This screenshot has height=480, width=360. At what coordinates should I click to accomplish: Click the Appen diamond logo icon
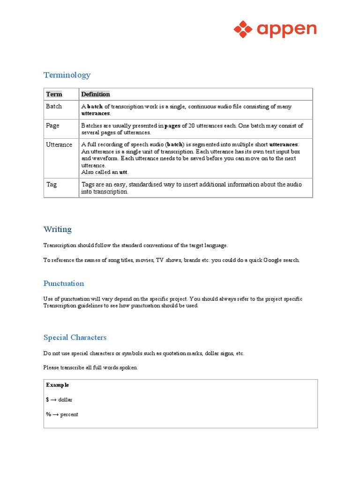243,29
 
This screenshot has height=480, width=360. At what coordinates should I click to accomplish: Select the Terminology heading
67,75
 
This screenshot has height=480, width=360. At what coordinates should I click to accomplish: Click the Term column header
54,94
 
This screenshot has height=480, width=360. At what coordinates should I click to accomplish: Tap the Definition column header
95,94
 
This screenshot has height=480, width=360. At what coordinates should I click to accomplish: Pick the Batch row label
54,106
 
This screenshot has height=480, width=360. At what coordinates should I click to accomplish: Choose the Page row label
52,126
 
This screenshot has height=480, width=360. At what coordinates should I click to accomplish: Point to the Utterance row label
59,145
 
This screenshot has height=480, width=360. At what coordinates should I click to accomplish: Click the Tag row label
51,184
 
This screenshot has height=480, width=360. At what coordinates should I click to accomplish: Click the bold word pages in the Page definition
172,126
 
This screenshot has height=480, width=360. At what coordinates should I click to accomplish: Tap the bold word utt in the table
123,172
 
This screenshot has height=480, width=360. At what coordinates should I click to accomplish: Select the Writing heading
58,229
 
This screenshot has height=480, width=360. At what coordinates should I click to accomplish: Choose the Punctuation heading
64,284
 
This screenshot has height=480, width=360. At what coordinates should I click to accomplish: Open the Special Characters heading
75,337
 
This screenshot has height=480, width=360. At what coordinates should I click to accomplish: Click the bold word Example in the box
58,385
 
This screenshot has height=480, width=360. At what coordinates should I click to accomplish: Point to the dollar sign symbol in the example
48,400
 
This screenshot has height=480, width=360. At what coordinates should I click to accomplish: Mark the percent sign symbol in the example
48,415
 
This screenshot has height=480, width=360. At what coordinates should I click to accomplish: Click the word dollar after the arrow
66,400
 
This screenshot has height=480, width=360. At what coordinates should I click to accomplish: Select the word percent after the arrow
69,415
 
